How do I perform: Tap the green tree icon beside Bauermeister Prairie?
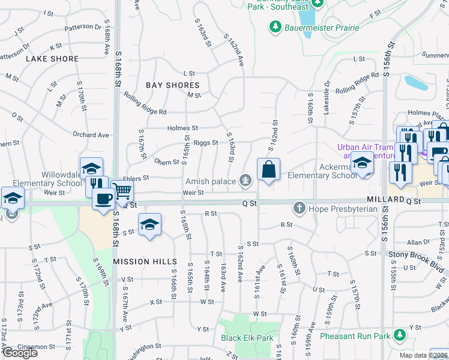(x=276, y=27)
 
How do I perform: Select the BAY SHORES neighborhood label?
(x=172, y=85)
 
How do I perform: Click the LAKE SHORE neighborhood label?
(x=52, y=59)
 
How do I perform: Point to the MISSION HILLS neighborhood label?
(x=145, y=262)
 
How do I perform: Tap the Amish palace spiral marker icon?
(x=245, y=181)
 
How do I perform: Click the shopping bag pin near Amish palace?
(x=268, y=170)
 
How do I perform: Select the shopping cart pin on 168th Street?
(x=122, y=191)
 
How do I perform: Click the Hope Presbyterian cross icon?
(x=299, y=209)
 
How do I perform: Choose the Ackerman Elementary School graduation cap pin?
(x=362, y=162)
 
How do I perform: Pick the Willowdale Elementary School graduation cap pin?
(x=91, y=168)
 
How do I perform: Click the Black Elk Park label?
(x=246, y=338)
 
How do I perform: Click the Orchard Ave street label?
(x=91, y=135)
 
